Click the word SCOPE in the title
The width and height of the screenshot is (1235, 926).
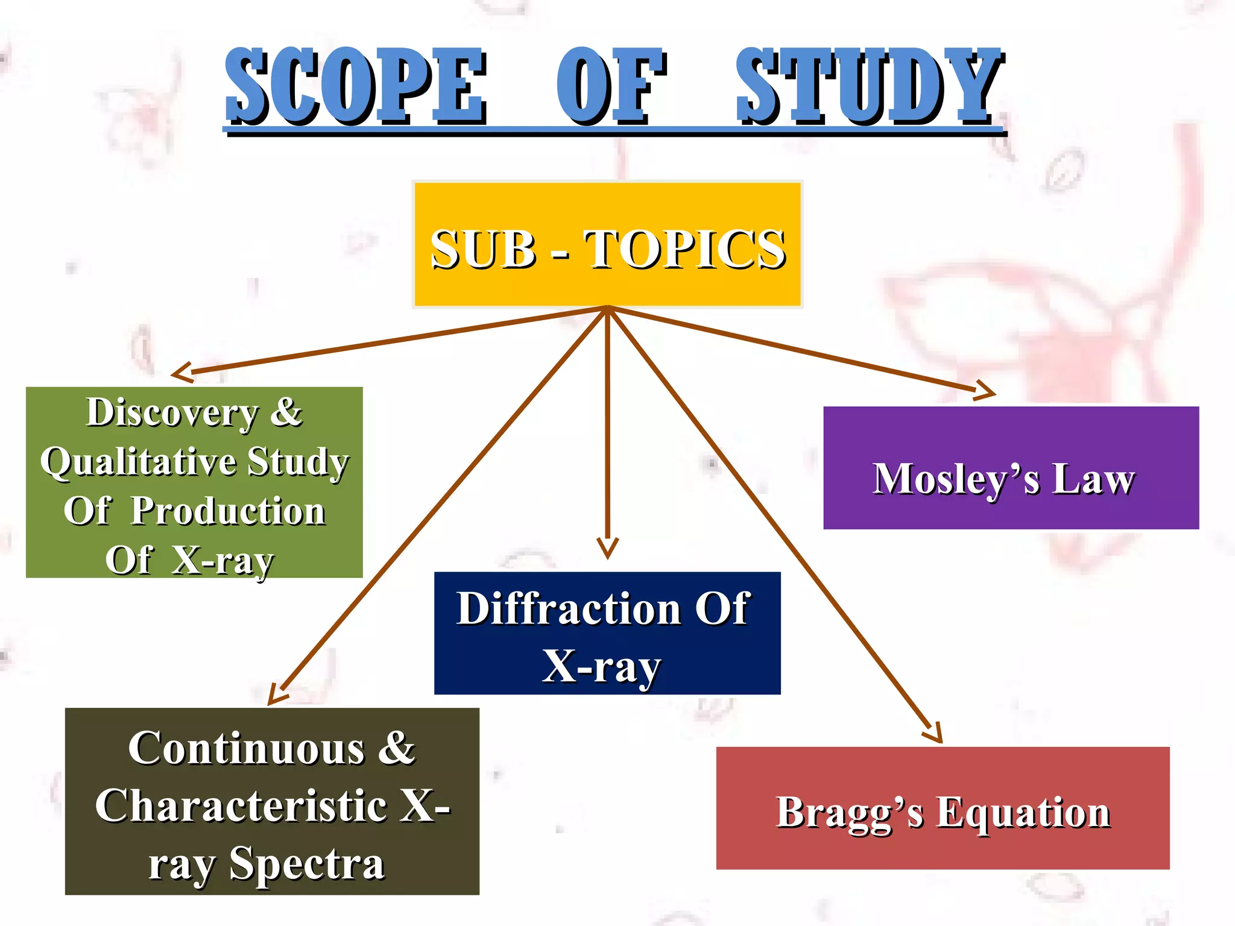pos(356,86)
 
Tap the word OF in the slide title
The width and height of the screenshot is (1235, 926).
pos(610,86)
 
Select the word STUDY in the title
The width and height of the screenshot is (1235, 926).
pos(868,86)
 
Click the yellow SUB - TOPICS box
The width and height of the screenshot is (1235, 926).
pos(608,244)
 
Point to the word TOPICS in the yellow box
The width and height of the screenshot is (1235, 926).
pos(685,249)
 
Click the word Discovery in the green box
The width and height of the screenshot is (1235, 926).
pos(172,413)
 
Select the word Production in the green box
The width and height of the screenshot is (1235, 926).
pos(228,511)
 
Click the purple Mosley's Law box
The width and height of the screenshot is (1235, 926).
pos(1011,468)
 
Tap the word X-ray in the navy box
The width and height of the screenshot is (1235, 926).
pos(602,667)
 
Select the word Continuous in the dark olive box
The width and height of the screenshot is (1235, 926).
pos(246,749)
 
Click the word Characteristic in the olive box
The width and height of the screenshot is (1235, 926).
pos(241,806)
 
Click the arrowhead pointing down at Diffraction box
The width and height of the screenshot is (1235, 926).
pos(607,548)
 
